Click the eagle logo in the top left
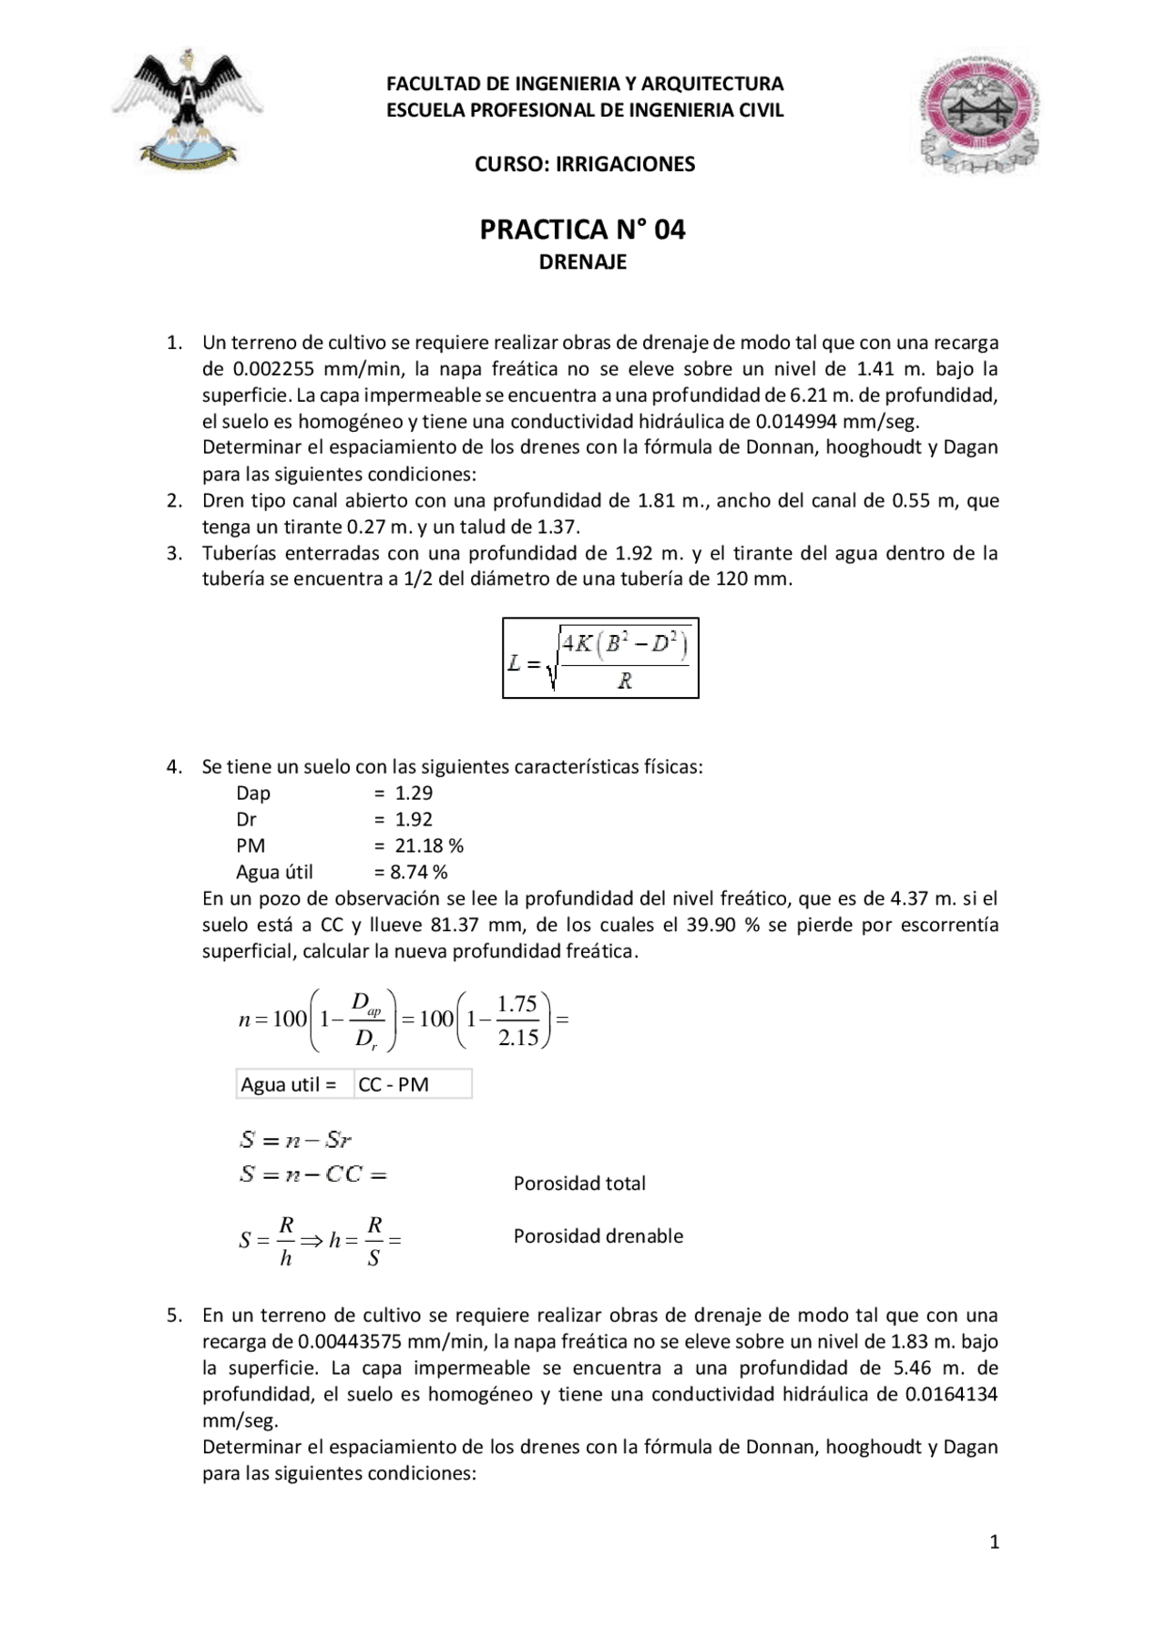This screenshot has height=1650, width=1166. pos(187,109)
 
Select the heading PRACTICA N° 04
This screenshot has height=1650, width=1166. pos(582,229)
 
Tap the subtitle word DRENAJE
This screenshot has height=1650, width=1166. pos(582,262)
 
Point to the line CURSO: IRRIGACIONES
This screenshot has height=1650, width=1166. pos(584,164)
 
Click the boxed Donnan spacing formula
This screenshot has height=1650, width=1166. pos(600,658)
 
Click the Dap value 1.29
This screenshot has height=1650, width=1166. pos(414,793)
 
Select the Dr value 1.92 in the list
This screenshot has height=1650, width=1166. pos(414,819)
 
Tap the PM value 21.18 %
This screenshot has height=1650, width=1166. pos(429,845)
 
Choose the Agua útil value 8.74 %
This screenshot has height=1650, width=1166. pos(419,872)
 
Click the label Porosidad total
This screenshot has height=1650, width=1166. pos(579,1184)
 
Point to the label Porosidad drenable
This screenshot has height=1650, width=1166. pos(598,1236)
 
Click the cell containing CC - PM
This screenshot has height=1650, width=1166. pos(413,1084)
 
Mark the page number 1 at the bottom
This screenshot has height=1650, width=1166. pos(994,1542)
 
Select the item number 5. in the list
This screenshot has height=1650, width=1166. pos(174,1315)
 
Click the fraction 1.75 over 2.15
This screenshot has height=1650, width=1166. pos(517,1020)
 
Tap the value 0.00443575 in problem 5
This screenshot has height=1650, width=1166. pos(350,1341)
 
